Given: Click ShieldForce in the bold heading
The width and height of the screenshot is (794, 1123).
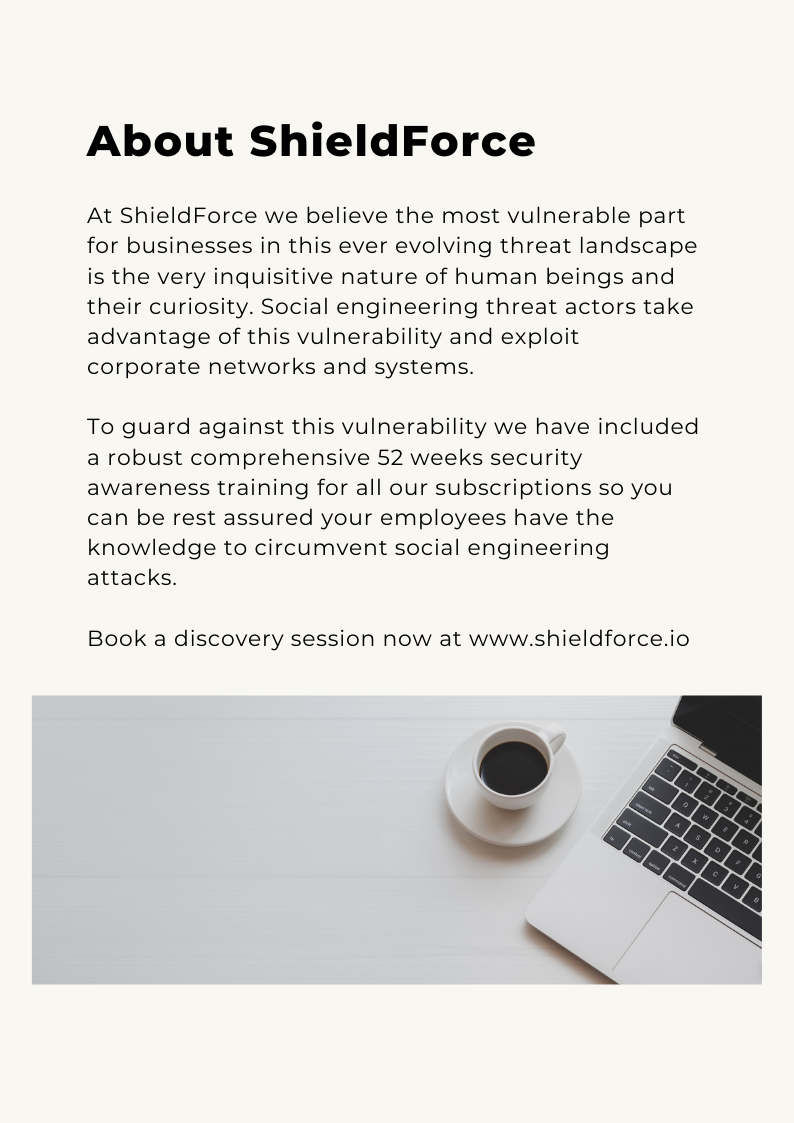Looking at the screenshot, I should click(392, 141).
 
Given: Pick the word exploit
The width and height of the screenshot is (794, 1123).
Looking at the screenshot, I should click(541, 336).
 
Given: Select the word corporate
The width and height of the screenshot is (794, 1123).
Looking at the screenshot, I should click(143, 366).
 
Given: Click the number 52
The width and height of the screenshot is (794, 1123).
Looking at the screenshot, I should click(391, 457).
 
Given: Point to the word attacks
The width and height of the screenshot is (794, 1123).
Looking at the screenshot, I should click(131, 578).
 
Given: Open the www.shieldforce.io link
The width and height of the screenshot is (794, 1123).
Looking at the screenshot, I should click(579, 638).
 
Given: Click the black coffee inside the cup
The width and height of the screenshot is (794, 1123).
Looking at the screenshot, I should click(513, 768).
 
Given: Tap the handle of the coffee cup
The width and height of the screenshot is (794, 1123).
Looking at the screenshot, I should click(556, 738).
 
